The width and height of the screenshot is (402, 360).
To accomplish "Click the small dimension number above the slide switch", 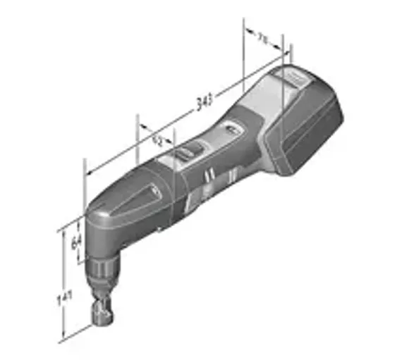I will (158, 140).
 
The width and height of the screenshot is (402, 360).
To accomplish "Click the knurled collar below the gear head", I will (106, 267).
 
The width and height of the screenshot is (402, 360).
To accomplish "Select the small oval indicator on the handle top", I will (230, 129).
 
